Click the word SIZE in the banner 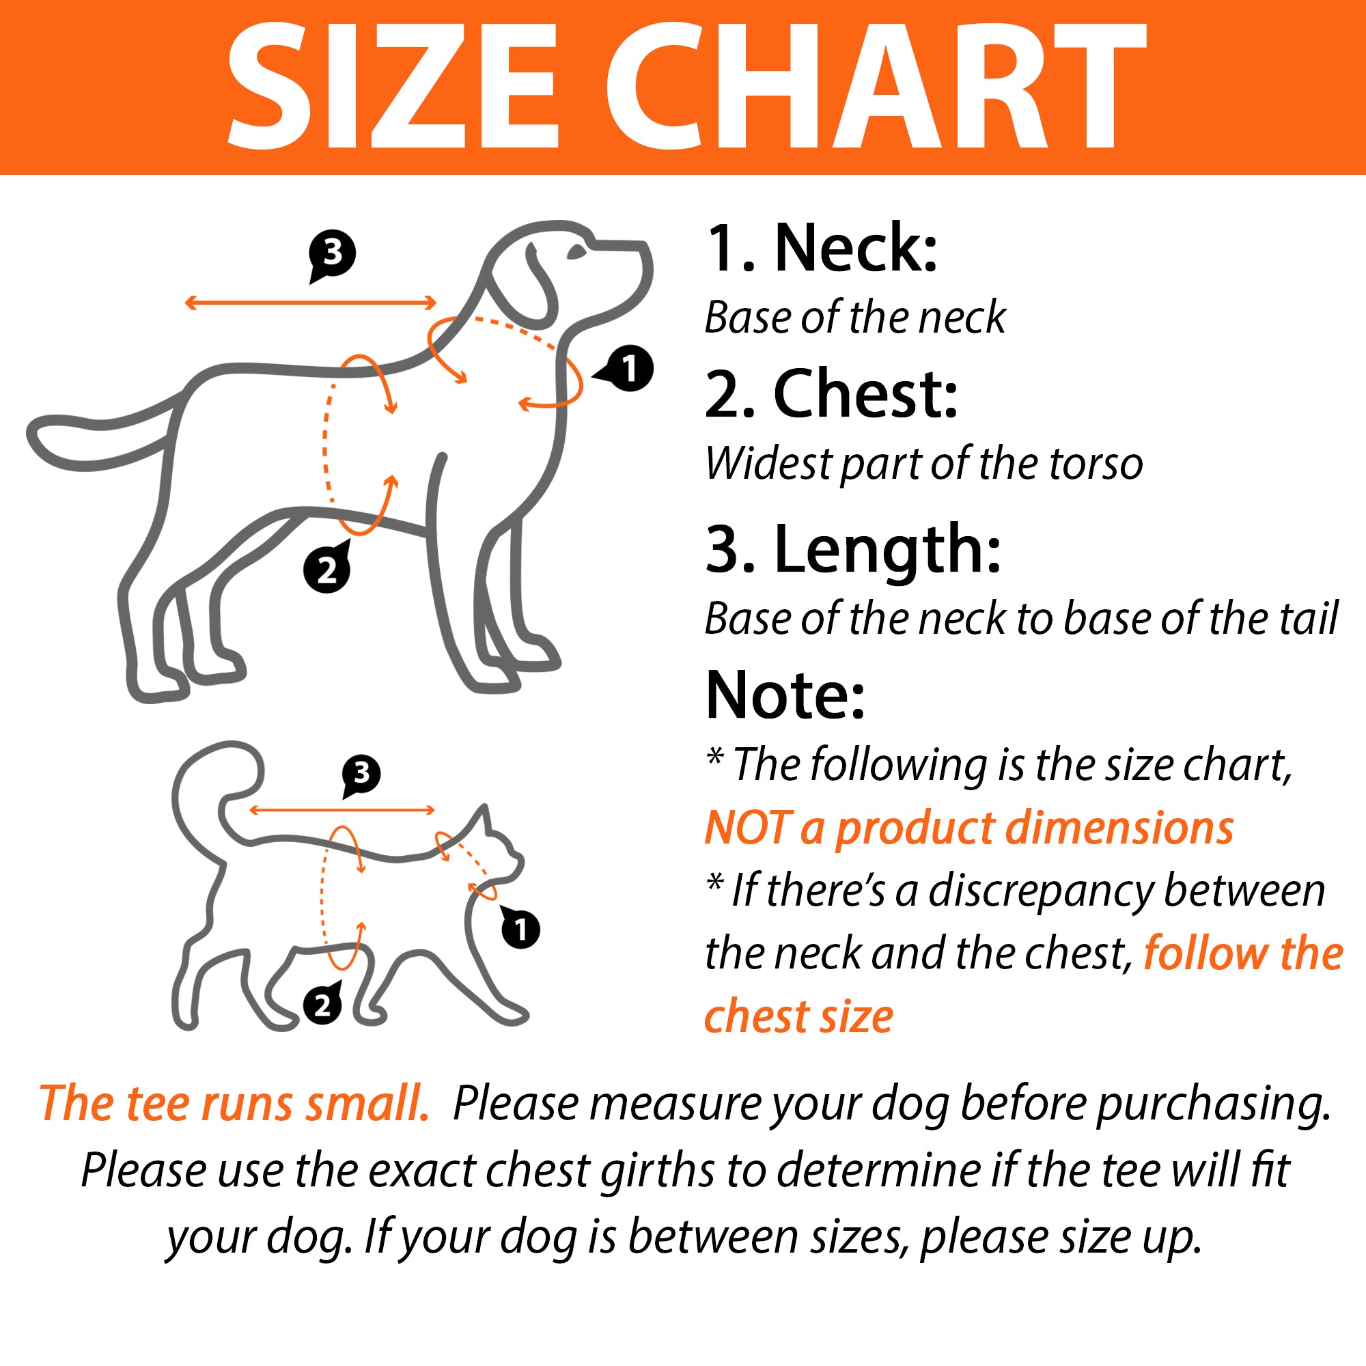[393, 87]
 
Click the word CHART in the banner [875, 87]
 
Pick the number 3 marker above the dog [332, 255]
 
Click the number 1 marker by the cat [520, 928]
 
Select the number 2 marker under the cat [322, 1004]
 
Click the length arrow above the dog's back [310, 303]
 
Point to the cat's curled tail [212, 792]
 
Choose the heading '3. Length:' [853, 550]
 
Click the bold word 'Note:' [785, 695]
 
